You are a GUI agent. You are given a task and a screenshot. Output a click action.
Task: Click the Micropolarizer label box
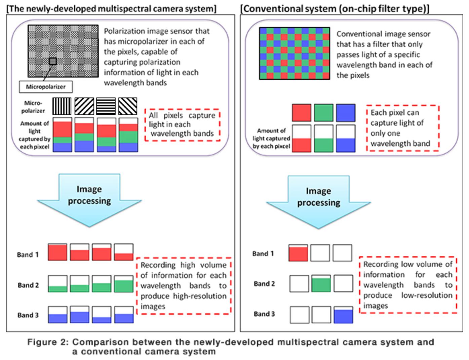(46, 87)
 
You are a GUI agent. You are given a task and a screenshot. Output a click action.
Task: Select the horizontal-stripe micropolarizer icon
(106, 106)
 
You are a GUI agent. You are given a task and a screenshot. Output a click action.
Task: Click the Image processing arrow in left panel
(89, 198)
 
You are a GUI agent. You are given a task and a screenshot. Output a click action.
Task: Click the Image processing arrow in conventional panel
(318, 200)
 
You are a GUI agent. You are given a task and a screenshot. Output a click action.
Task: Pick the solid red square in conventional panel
(302, 113)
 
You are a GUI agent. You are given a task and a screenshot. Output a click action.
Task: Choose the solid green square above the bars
(323, 113)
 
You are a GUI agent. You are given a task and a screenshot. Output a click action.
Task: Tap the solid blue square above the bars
(346, 113)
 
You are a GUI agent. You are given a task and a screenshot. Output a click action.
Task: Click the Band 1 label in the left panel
(28, 254)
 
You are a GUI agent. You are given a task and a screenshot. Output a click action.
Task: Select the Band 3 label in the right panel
(264, 314)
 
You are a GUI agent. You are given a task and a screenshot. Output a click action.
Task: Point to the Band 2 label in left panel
(28, 285)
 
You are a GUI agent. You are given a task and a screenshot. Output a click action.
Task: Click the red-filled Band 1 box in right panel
(298, 253)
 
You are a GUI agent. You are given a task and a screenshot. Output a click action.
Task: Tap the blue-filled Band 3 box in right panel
(343, 315)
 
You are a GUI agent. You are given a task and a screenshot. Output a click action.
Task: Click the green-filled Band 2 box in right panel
(321, 283)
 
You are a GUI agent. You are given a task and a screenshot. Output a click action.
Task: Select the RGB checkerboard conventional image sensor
(295, 53)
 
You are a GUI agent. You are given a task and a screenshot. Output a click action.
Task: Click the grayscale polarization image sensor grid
(63, 51)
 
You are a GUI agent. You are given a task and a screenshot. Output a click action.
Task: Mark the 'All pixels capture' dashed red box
(182, 124)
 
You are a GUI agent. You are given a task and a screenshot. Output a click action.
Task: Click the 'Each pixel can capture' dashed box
(402, 128)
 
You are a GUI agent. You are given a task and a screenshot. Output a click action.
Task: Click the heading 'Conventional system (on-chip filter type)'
(335, 8)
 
